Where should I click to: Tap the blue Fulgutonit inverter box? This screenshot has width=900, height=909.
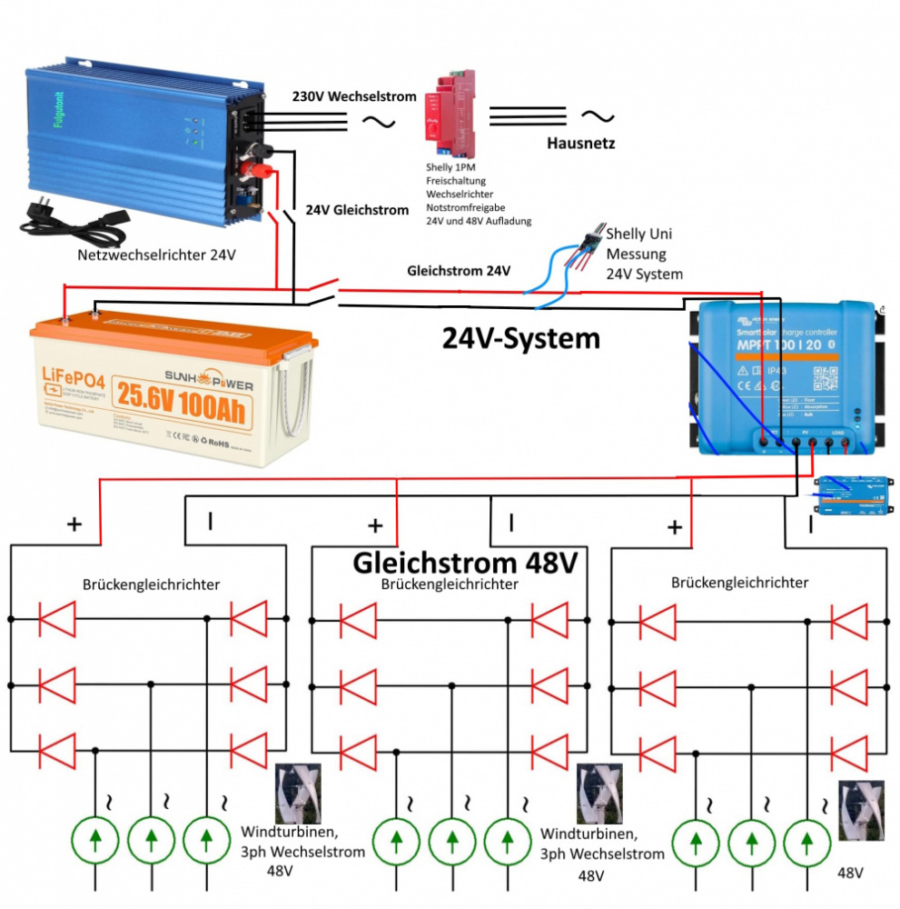point(136,136)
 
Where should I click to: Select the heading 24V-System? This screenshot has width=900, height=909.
point(520,337)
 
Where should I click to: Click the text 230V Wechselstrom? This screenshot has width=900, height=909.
point(354,96)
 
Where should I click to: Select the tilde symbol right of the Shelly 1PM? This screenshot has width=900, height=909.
point(597,115)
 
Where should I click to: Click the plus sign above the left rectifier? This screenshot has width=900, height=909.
point(74,524)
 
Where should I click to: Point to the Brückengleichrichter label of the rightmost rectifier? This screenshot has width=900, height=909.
point(739,582)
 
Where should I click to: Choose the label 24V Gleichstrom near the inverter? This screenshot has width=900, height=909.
point(357,210)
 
